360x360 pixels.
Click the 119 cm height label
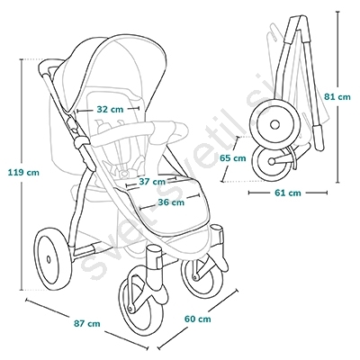(x=23, y=173)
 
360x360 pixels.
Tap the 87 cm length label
(x=87, y=324)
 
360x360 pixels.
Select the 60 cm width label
(x=197, y=319)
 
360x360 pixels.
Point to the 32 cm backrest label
(x=110, y=109)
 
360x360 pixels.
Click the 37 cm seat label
(x=152, y=182)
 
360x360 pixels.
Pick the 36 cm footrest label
(x=171, y=202)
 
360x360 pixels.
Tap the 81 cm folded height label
(x=337, y=97)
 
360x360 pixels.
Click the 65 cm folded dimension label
(x=232, y=158)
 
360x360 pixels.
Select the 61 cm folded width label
(x=287, y=193)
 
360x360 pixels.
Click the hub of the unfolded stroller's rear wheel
(x=49, y=259)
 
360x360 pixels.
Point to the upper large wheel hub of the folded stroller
(x=274, y=124)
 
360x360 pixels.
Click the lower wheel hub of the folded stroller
(x=272, y=161)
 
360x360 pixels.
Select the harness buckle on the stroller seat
(x=125, y=173)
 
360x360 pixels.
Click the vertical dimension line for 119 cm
(x=22, y=175)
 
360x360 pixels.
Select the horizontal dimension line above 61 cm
(x=288, y=193)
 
